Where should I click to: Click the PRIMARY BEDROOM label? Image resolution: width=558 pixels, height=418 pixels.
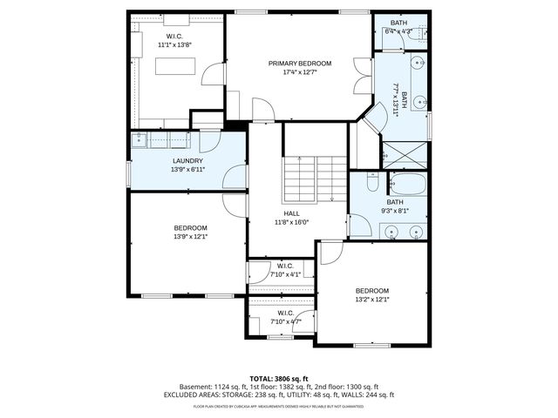pyautogui.click(x=300, y=64)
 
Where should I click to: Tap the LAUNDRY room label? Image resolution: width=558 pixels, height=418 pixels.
pyautogui.click(x=187, y=161)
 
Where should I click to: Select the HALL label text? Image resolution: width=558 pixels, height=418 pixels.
pyautogui.click(x=290, y=212)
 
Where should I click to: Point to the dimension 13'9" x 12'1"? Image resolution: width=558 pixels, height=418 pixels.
pyautogui.click(x=190, y=236)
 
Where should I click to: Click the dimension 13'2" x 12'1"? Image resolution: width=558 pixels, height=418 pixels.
pyautogui.click(x=371, y=299)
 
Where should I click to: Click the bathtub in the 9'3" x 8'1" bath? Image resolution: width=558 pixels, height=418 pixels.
pyautogui.click(x=407, y=185)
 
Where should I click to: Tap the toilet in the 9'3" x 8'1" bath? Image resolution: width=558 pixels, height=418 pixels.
pyautogui.click(x=371, y=183)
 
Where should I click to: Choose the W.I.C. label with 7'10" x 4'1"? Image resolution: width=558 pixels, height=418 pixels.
pyautogui.click(x=285, y=266)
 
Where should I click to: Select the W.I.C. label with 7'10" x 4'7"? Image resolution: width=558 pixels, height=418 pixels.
pyautogui.click(x=285, y=313)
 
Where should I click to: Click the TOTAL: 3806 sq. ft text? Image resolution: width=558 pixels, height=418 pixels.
pyautogui.click(x=278, y=379)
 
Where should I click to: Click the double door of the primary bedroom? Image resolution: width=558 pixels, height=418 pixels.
pyautogui.click(x=360, y=79)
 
